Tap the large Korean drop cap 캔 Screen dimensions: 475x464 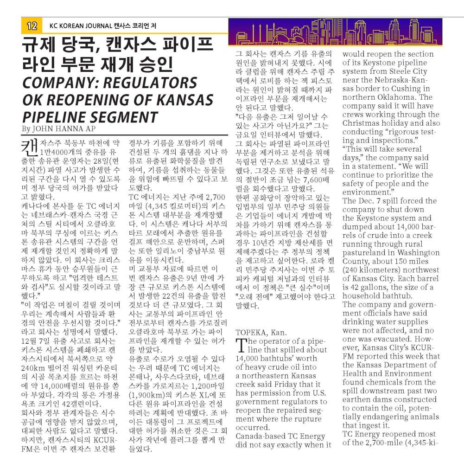pos(30,147)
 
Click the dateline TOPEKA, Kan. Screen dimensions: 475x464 pos(261,332)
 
